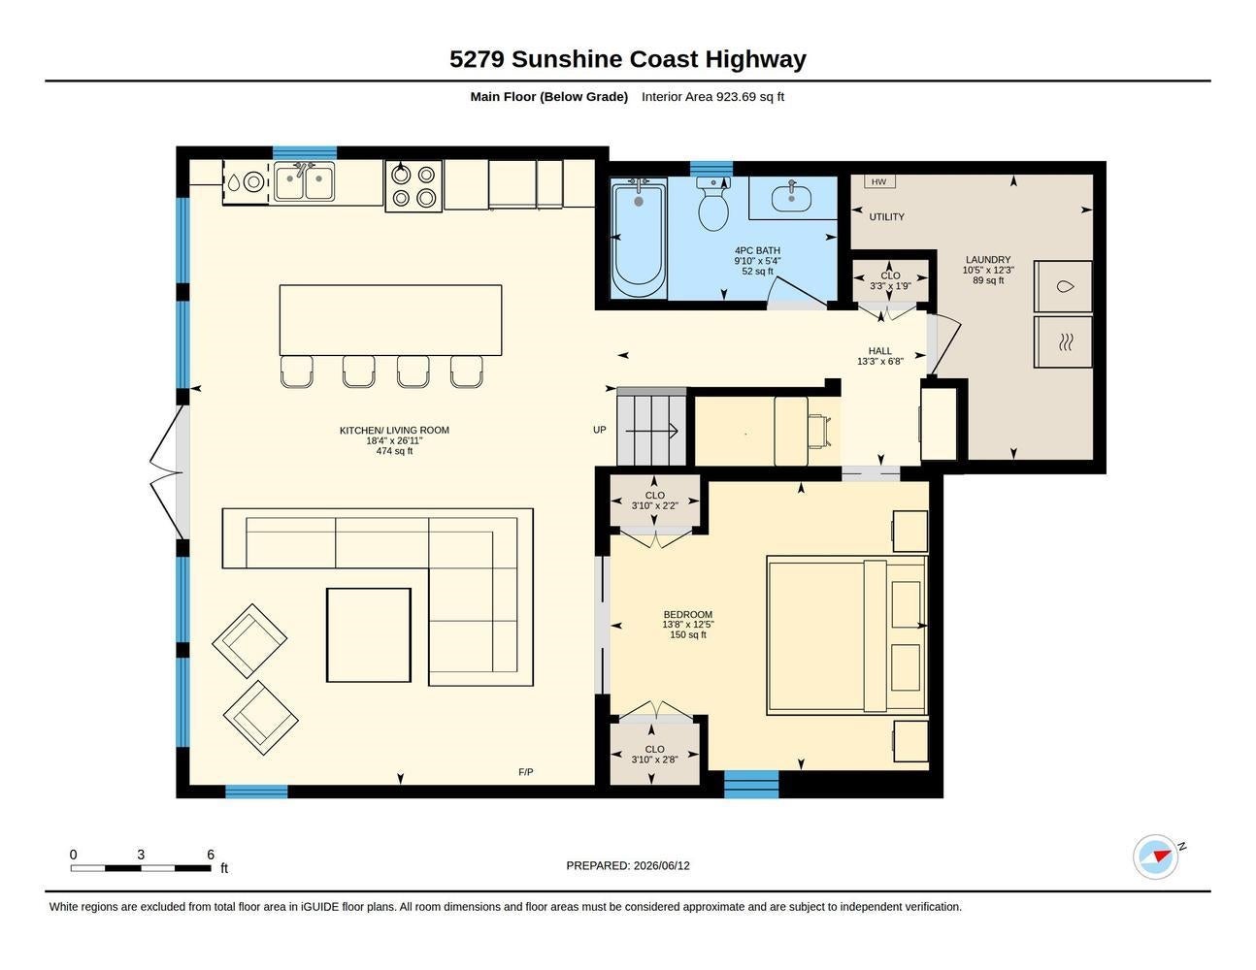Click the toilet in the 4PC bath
(713, 204)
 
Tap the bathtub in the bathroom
(638, 238)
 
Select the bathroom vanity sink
(791, 196)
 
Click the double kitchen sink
(304, 181)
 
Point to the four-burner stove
(413, 186)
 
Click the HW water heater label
(878, 182)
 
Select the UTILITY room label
(886, 217)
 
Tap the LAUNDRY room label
(988, 260)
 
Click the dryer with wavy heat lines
(1063, 341)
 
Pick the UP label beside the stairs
(600, 430)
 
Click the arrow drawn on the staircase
(651, 431)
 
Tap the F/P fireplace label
(525, 772)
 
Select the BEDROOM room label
(688, 614)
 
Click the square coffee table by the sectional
(369, 635)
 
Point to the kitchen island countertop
(390, 320)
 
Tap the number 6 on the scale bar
(211, 854)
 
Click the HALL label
(879, 351)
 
